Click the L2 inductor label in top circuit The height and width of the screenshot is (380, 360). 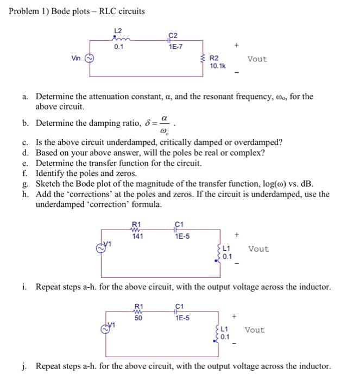(x=118, y=30)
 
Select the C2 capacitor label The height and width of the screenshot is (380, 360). (x=173, y=36)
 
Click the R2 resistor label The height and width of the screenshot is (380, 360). (x=214, y=58)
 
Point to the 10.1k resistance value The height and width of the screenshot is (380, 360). (x=218, y=66)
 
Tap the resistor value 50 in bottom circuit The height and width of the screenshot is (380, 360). (x=138, y=318)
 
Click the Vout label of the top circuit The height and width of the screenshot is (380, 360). (x=257, y=59)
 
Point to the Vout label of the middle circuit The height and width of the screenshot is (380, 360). (x=258, y=249)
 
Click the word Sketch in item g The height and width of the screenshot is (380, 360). (x=47, y=183)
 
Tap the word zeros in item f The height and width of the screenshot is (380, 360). (x=126, y=173)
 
